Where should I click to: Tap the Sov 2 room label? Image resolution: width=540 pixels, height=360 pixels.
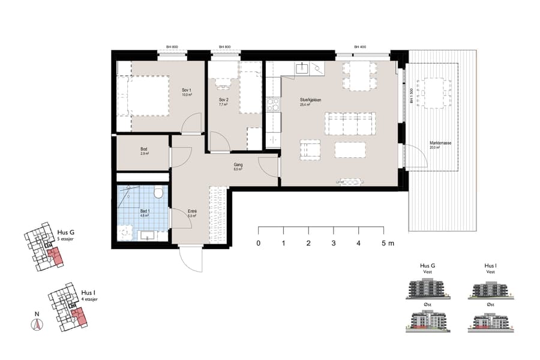tap(223, 100)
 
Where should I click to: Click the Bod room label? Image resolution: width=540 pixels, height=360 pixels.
tap(144, 149)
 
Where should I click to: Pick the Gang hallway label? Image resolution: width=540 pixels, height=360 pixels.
tap(238, 163)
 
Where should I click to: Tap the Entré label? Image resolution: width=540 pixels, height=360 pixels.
tap(193, 211)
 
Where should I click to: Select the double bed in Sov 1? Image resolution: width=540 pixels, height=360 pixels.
tap(148, 96)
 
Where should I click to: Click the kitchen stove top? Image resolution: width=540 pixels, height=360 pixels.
tap(273, 104)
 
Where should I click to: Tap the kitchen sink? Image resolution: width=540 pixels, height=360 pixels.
tap(302, 67)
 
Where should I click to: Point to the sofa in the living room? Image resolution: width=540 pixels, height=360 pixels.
tap(350, 123)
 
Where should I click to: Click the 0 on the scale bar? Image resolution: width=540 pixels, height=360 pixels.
tap(258, 244)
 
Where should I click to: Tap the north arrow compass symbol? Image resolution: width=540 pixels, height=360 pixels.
tap(37, 325)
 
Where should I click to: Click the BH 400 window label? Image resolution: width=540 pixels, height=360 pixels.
tap(359, 47)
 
